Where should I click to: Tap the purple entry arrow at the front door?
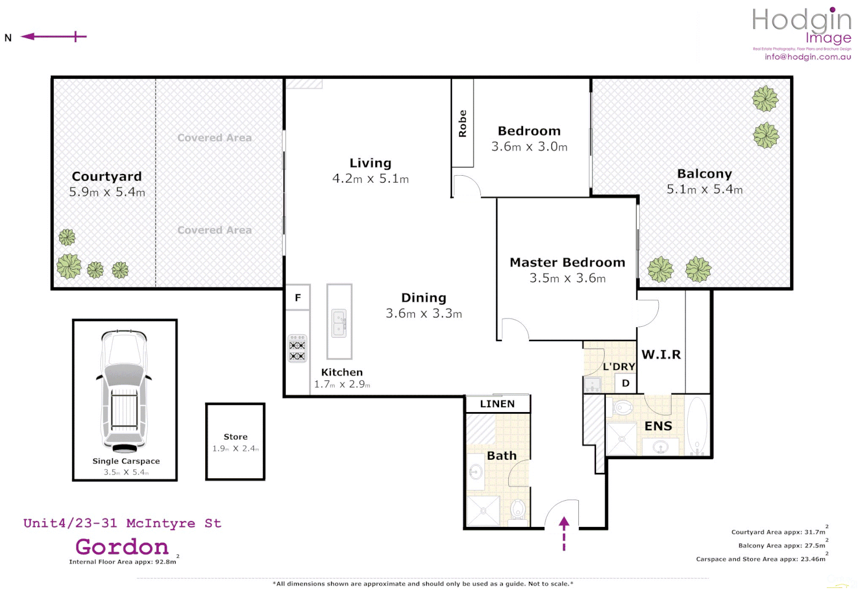564,533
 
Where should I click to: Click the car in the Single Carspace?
125,390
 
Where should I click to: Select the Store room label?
235,437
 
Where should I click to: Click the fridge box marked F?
298,298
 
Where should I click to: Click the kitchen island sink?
339,323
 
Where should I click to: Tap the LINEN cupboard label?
497,404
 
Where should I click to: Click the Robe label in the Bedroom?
462,123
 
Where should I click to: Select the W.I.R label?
661,355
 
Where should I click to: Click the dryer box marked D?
625,384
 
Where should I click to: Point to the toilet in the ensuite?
622,408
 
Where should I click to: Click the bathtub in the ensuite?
697,426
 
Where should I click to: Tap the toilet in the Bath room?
518,510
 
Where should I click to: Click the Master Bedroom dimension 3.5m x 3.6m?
567,279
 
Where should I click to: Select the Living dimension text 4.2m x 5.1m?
370,179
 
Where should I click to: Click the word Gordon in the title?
122,547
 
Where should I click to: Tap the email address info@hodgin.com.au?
808,56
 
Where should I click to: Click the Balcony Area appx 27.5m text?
781,546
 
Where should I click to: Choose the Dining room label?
424,298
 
